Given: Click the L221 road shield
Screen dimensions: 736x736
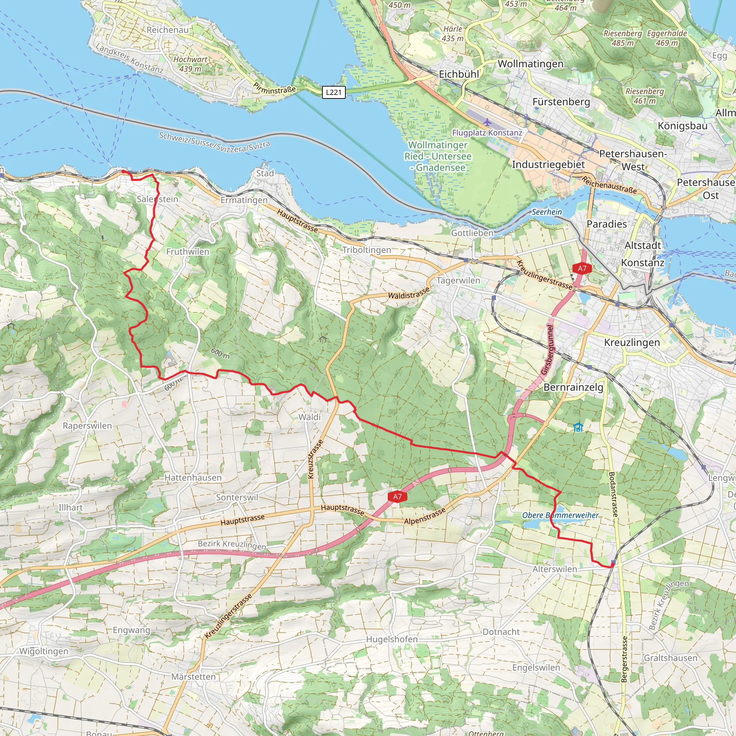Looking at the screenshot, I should [334, 92].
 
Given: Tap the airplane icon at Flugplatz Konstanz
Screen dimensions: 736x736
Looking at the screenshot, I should [487, 122].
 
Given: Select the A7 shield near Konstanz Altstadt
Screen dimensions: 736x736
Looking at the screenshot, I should [582, 268].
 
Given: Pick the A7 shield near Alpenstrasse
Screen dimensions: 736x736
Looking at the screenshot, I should [397, 496].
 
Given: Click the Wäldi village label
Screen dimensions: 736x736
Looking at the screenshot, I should [309, 417].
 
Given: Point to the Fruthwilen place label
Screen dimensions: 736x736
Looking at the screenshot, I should [188, 252].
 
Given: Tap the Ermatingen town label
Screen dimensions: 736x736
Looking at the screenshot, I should [244, 201].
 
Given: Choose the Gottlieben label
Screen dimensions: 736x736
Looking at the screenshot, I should [472, 233].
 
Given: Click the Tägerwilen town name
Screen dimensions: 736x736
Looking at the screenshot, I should [458, 281].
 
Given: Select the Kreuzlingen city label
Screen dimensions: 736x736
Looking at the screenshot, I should [632, 342].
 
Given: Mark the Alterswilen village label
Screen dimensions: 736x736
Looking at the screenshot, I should [555, 569].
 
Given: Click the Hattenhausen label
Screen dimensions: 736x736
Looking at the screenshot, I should [193, 478].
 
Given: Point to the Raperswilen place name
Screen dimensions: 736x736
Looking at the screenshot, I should [87, 426].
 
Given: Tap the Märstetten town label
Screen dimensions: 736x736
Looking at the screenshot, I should [194, 677].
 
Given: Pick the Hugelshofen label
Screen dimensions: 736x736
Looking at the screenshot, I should [392, 639].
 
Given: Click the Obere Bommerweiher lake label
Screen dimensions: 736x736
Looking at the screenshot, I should [560, 515].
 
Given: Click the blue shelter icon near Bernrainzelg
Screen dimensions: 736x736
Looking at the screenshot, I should [578, 427].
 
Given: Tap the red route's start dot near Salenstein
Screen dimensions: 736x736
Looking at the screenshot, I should [123, 172].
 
